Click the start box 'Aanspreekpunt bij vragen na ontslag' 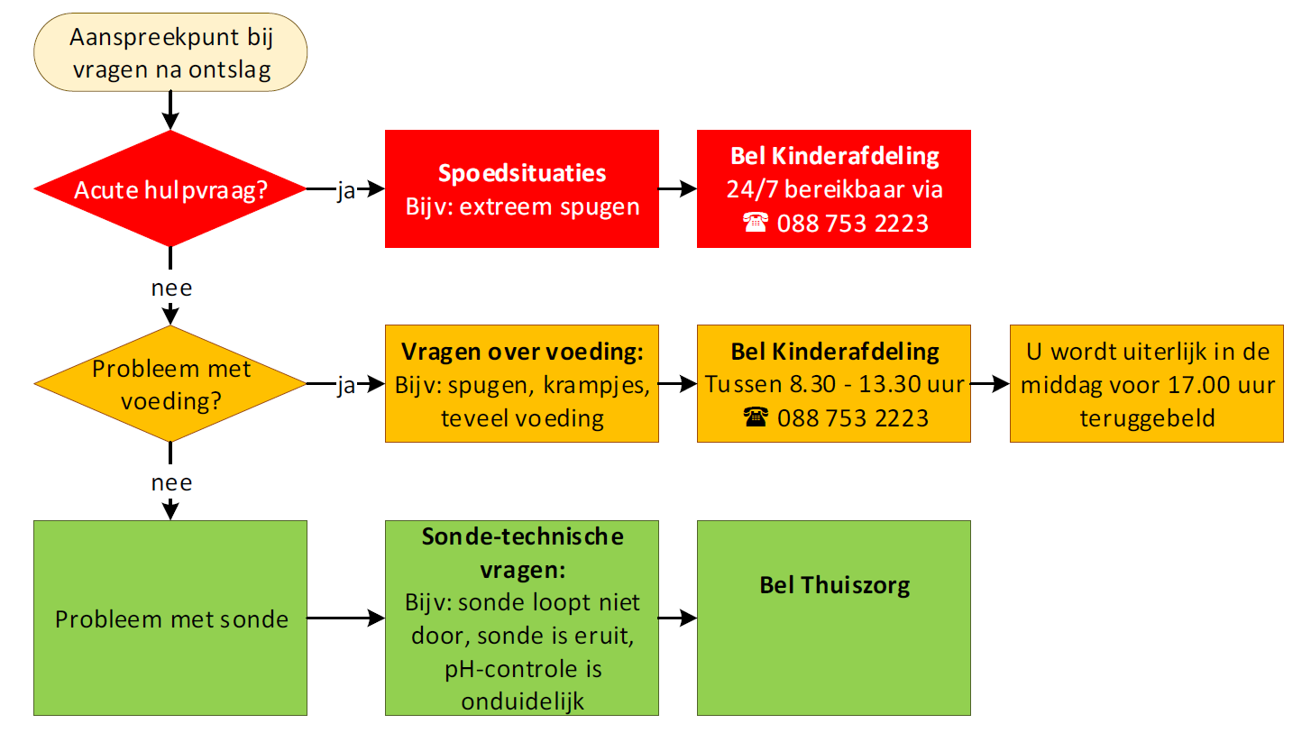point(170,52)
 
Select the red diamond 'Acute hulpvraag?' point(170,189)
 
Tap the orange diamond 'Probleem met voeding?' point(170,384)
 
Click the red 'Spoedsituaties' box point(521,188)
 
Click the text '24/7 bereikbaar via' point(834,189)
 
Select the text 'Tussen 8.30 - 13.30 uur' point(834,384)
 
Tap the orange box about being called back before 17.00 point(1146,384)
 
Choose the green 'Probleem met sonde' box point(170,618)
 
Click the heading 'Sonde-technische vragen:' point(521,554)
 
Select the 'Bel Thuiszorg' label point(834,585)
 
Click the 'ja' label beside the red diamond point(346,191)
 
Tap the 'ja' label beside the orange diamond point(346,386)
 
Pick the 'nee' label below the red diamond point(170,289)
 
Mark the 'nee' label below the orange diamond point(170,482)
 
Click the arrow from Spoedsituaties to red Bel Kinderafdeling point(677,189)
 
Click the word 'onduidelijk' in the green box point(521,701)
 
